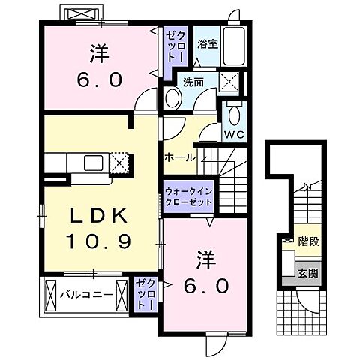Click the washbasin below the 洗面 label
pos(172,97)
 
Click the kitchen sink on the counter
pos(94,162)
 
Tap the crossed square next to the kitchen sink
pos(120,163)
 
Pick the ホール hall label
pos(181,157)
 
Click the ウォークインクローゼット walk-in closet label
pos(188,196)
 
